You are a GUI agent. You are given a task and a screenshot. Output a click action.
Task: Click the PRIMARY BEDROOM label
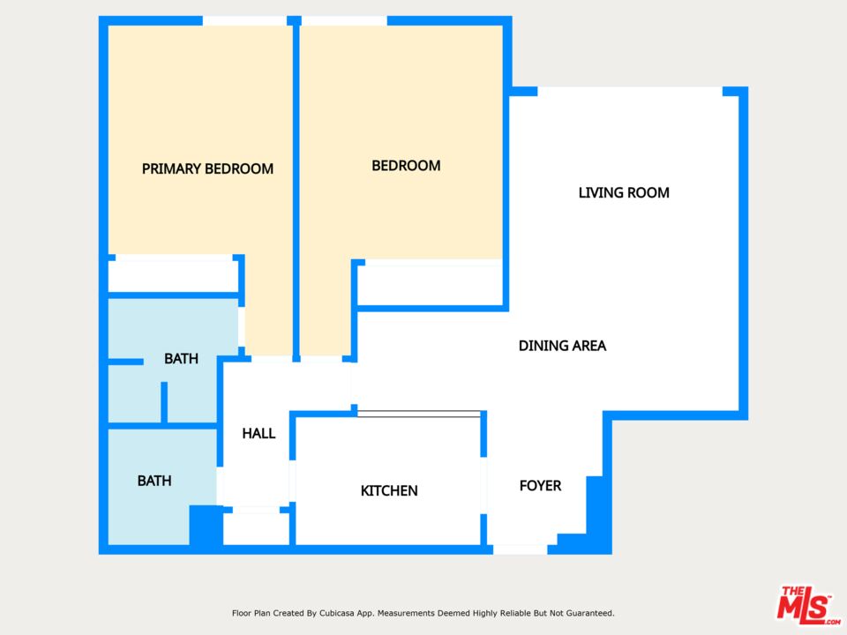tap(207, 168)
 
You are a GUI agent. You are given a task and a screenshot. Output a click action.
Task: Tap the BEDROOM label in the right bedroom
tap(406, 166)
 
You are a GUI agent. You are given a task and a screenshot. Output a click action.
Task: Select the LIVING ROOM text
tap(624, 192)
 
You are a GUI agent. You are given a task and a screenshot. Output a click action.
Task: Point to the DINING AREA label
tap(562, 346)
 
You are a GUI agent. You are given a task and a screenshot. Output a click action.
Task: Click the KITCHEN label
tap(389, 490)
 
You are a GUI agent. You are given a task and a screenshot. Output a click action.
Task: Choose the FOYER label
tap(540, 486)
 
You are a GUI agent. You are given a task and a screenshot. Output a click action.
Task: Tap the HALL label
tap(259, 433)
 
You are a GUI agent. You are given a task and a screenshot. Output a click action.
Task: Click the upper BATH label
tap(181, 359)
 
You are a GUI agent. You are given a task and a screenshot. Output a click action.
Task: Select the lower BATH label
tap(154, 481)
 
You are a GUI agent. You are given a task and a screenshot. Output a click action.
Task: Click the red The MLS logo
tap(807, 606)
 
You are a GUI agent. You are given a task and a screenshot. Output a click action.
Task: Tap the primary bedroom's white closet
tap(171, 275)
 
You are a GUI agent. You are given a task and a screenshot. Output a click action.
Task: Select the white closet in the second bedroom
tap(431, 285)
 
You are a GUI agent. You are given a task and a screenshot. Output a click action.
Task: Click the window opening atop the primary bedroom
tap(244, 20)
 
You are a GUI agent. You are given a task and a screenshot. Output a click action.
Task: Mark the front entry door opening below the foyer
tap(520, 549)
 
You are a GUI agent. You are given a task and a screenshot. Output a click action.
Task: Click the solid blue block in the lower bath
tap(206, 527)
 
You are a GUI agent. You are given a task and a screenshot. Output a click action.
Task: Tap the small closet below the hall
tap(256, 528)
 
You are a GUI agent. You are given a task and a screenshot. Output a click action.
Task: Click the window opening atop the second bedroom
tap(344, 20)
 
